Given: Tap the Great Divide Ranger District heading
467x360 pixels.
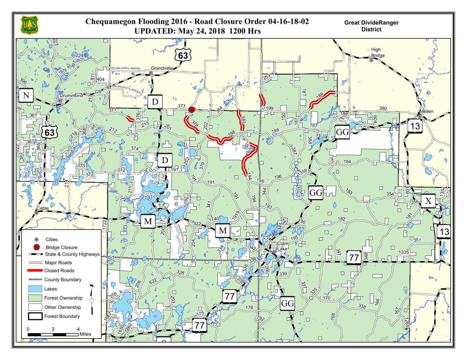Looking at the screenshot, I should [371, 26].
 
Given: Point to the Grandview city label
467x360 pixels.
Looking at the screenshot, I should [162, 68].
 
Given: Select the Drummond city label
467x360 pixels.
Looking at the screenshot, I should [71, 96].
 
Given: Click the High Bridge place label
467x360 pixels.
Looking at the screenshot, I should [378, 52].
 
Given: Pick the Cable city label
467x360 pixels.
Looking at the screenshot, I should [42, 208].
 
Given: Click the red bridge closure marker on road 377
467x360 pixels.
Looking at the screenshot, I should [191, 110].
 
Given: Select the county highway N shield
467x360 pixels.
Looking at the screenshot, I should [26, 96].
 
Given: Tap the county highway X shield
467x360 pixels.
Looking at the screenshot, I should [428, 201].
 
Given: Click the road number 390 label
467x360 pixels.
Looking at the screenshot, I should [383, 109].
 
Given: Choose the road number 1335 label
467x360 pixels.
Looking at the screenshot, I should [404, 252].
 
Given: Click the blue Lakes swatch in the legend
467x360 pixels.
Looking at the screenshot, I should [35, 289].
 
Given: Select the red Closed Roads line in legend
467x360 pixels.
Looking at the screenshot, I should [35, 270].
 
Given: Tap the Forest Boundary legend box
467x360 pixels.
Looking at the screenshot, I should [35, 316].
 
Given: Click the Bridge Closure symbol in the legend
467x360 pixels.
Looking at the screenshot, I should [37, 247].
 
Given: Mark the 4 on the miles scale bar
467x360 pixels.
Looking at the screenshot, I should [78, 329].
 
